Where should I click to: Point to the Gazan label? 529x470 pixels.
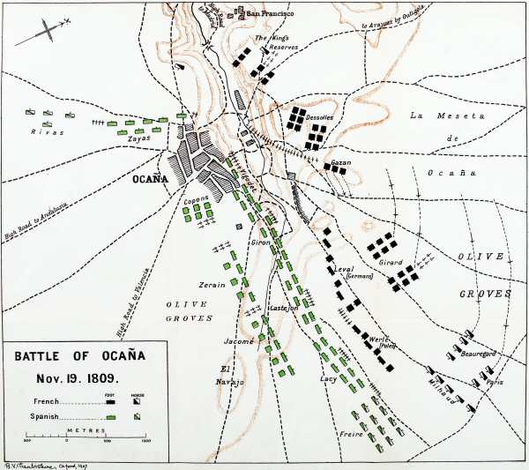[341, 163]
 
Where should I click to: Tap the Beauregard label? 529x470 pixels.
[479, 354]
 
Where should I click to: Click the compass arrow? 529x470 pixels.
[41, 34]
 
